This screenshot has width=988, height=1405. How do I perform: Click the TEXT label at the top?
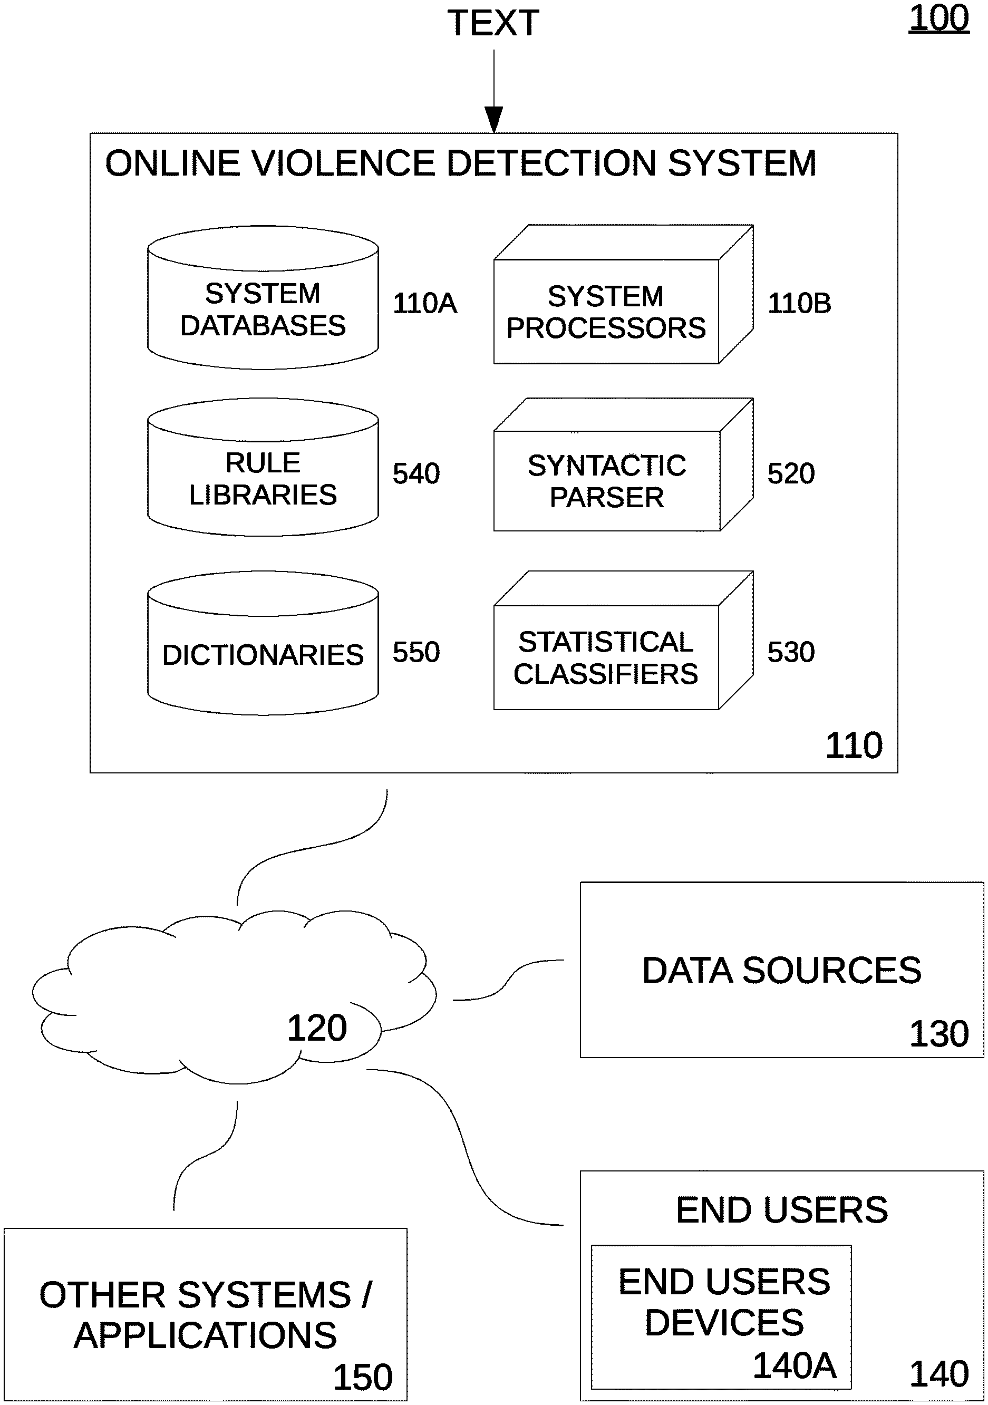tap(493, 23)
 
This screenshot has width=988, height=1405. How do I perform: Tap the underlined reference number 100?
tap(938, 18)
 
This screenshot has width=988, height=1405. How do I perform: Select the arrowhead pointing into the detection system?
tap(493, 119)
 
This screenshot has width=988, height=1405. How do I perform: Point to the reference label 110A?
tap(424, 304)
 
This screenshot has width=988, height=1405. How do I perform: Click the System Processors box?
tap(606, 312)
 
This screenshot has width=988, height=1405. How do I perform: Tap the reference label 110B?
tap(799, 304)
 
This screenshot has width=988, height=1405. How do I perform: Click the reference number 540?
tap(416, 473)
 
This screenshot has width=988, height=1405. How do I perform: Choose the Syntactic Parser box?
tap(607, 481)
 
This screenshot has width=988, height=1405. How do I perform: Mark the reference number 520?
tap(791, 473)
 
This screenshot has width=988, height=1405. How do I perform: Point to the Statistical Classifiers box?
tap(606, 657)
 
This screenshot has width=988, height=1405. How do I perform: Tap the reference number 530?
tap(791, 652)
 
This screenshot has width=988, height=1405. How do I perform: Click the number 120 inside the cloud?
tap(317, 1028)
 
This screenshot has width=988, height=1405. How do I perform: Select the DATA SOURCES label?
tap(781, 971)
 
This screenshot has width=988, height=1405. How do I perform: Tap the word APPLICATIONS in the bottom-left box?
tap(205, 1335)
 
